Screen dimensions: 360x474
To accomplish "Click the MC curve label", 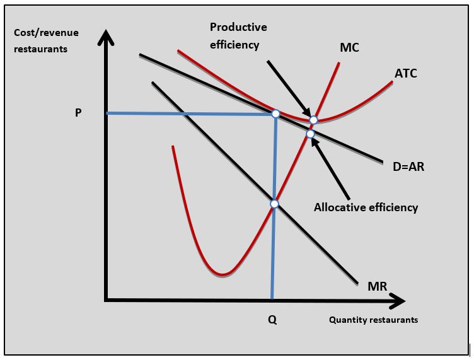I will (x=349, y=48).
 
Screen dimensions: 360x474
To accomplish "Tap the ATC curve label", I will (x=406, y=73).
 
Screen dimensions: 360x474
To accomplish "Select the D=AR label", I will (x=408, y=166).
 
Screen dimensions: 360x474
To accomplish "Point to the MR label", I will (x=377, y=287).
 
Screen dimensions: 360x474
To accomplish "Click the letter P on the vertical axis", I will (x=78, y=113).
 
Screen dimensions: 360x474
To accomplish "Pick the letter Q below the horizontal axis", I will (x=272, y=320).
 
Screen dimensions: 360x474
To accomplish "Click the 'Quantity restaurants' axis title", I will (x=373, y=320).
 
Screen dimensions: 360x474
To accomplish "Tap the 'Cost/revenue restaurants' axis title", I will (x=40, y=40).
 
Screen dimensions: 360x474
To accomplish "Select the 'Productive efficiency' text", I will (x=238, y=36).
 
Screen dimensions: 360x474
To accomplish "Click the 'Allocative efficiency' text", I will (x=366, y=207).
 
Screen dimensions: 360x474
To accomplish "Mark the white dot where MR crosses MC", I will (x=274, y=204).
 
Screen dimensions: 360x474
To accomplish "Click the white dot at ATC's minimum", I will (x=313, y=120).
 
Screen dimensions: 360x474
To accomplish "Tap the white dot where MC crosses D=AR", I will (x=310, y=134).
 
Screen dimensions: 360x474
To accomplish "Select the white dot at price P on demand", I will (x=275, y=113).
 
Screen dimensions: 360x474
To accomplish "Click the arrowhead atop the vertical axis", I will (x=107, y=37).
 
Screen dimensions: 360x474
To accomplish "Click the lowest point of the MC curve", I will (x=222, y=274).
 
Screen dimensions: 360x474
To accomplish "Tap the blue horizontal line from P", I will (x=189, y=113).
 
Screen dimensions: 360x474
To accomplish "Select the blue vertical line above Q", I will (x=274, y=252).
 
